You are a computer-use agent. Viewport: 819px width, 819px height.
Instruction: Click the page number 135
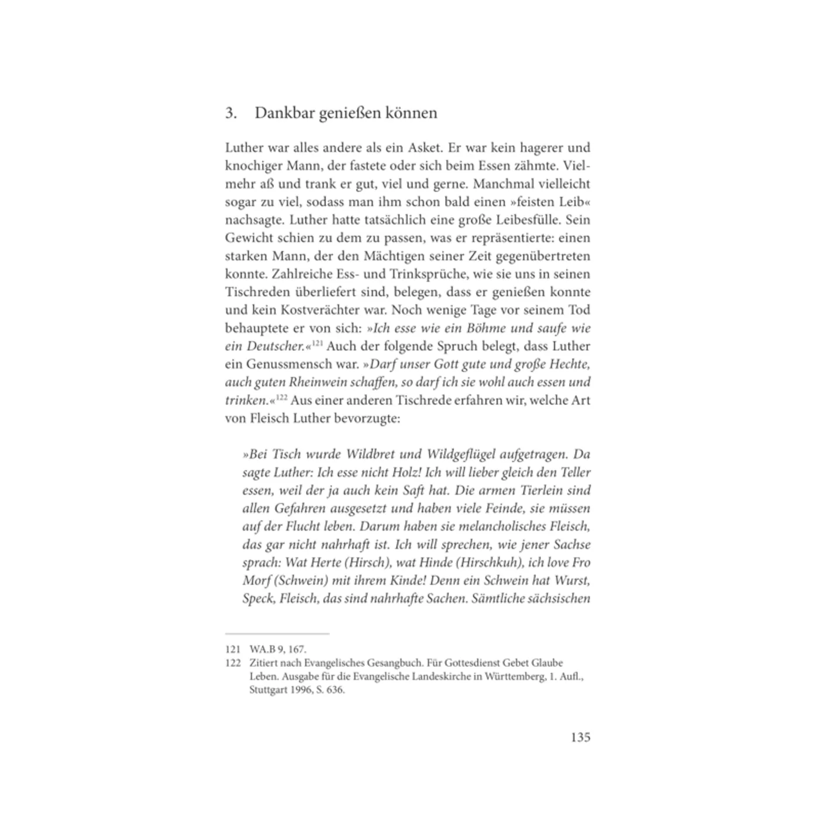(580, 737)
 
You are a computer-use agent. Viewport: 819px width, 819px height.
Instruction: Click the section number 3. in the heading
(231, 113)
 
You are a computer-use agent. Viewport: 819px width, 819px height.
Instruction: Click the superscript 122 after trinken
(281, 398)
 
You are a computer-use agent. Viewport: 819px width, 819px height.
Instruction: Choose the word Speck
(258, 599)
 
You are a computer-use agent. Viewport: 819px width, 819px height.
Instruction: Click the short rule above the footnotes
(277, 634)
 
